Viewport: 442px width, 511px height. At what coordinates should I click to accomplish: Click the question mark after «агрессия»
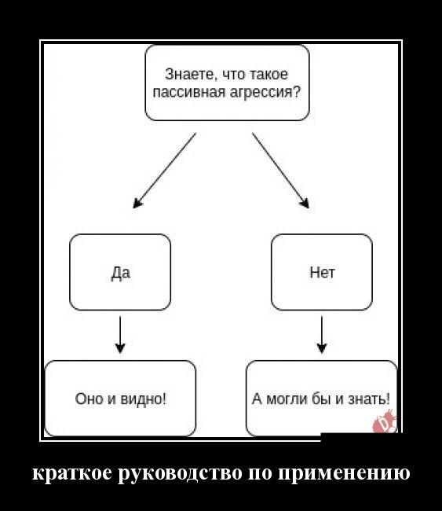296,92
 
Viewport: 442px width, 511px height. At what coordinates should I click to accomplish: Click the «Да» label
120,273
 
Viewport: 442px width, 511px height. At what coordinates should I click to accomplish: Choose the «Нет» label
322,273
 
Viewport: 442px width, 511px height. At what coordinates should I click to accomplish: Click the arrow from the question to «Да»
165,170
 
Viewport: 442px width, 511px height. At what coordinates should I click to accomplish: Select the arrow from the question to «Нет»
280,170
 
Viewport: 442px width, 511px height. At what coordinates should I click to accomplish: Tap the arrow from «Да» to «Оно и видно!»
120,335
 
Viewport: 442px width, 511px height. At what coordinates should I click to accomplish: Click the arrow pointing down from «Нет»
322,335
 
